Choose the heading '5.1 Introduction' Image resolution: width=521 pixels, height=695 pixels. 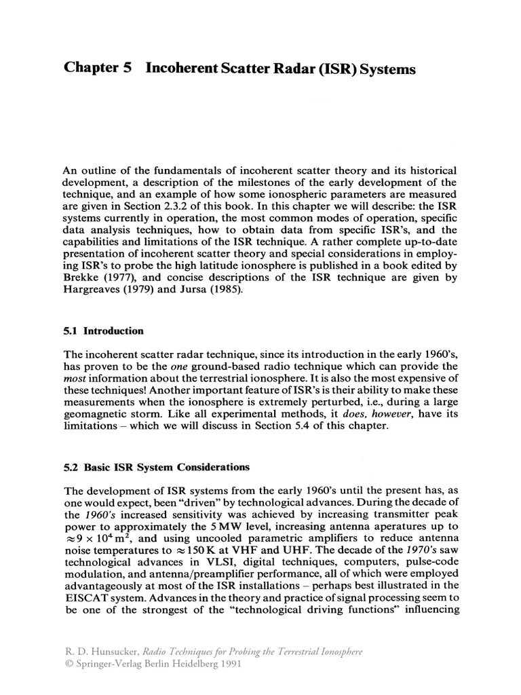pos(103,331)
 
